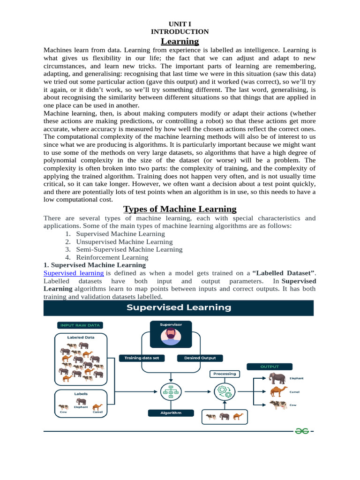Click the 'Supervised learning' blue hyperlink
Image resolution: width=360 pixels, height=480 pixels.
click(74, 273)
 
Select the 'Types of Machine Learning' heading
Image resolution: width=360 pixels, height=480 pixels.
click(180, 209)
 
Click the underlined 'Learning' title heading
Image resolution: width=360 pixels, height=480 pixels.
click(180, 41)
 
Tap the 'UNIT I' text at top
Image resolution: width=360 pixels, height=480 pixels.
click(180, 23)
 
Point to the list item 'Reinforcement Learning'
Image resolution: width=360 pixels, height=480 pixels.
click(112, 257)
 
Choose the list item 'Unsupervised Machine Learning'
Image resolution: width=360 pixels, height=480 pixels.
click(124, 242)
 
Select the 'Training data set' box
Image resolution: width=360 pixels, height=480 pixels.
click(142, 358)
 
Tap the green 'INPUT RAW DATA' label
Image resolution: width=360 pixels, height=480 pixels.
click(80, 325)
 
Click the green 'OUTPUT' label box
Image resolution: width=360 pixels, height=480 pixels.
click(270, 367)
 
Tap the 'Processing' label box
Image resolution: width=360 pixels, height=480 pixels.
click(225, 374)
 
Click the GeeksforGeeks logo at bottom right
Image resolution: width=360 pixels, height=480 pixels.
click(302, 431)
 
